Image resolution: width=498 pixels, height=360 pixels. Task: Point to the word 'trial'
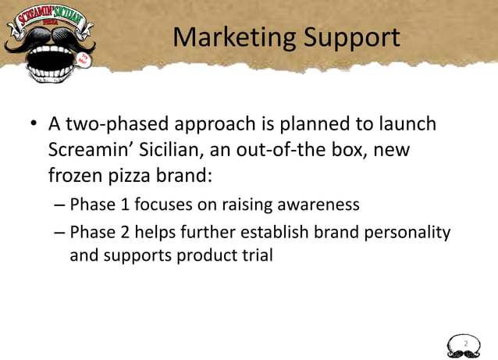click(x=257, y=255)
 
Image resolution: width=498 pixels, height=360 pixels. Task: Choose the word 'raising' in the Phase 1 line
click(x=230, y=205)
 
